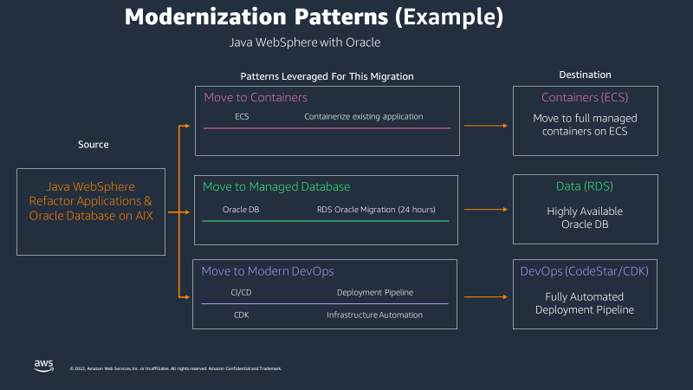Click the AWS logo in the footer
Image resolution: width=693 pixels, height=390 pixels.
coord(44,366)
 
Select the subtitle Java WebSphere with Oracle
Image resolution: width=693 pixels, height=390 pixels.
coord(304,42)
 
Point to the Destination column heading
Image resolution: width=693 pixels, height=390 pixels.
coord(585,75)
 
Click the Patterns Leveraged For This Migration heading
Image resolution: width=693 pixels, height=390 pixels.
coord(327,76)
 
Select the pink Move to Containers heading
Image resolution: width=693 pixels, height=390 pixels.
coord(256,97)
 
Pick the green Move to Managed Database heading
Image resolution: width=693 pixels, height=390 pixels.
coord(276,186)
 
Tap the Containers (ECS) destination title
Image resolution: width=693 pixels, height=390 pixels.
coord(585,97)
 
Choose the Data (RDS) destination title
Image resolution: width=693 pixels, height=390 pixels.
coord(585,186)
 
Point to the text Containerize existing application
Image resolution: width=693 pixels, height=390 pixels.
coord(363,116)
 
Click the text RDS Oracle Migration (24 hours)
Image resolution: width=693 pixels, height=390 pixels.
coord(376,209)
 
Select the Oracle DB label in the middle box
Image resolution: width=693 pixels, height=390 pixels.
coord(241,209)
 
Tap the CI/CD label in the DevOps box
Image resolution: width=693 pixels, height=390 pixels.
coord(241,292)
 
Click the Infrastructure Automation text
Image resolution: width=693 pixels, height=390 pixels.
coord(374,315)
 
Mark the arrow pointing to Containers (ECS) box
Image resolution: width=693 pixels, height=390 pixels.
coord(485,126)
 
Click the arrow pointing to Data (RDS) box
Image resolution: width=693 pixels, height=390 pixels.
coord(485,209)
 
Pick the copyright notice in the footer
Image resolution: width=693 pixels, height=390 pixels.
coord(175,368)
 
